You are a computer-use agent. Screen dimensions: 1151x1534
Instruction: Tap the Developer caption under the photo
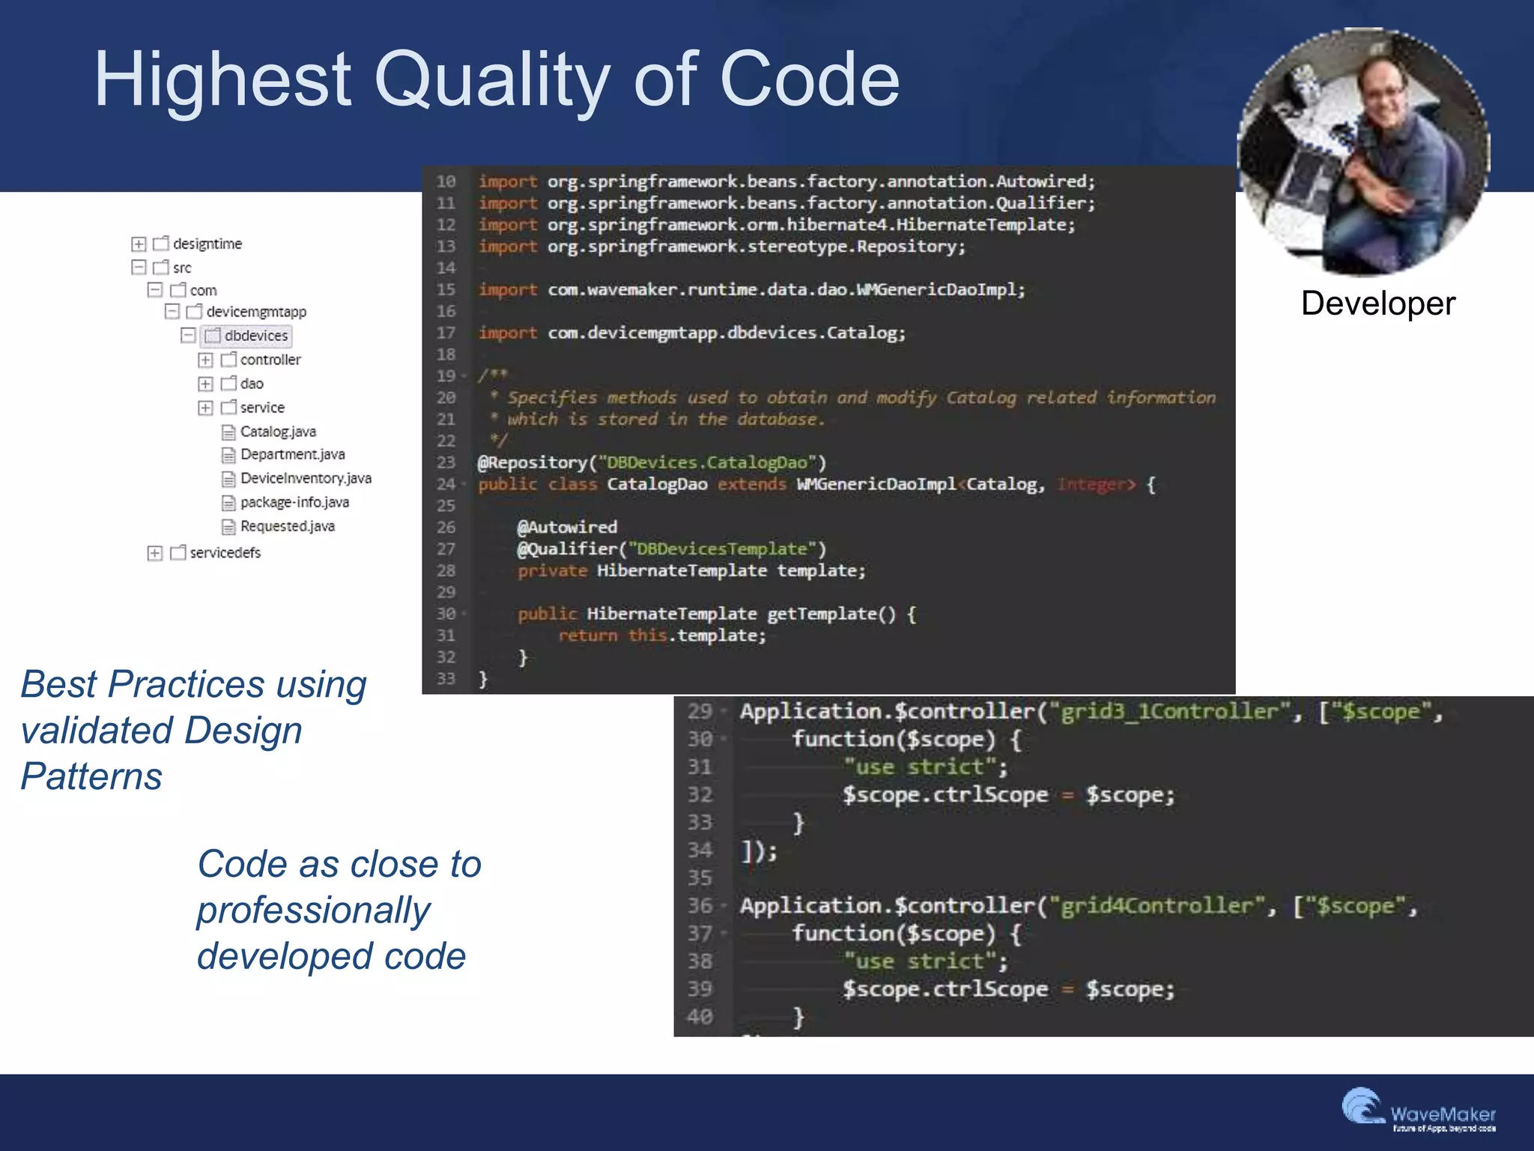1377,303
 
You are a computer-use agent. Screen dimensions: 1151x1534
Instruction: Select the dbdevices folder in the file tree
255,336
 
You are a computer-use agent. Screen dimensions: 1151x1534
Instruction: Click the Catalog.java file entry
277,432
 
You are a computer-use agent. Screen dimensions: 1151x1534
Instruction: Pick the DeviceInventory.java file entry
305,478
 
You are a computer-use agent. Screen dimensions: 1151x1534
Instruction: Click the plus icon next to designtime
139,244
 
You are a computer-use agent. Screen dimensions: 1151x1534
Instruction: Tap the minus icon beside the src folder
139,268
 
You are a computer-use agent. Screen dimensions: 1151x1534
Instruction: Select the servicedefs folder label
225,553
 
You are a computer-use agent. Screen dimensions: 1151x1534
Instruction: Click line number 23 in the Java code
446,462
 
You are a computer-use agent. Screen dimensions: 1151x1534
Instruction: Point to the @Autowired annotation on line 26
567,528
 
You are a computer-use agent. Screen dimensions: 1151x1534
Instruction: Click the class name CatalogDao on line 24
657,484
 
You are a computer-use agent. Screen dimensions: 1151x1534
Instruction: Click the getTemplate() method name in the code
830,614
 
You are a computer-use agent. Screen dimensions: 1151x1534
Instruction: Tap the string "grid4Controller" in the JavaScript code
1156,906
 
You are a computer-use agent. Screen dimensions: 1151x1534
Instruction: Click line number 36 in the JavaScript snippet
700,906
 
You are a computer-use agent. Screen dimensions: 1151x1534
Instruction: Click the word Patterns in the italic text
91,776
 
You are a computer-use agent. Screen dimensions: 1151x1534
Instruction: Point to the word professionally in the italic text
313,910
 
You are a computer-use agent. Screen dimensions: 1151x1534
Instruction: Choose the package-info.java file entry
294,502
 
